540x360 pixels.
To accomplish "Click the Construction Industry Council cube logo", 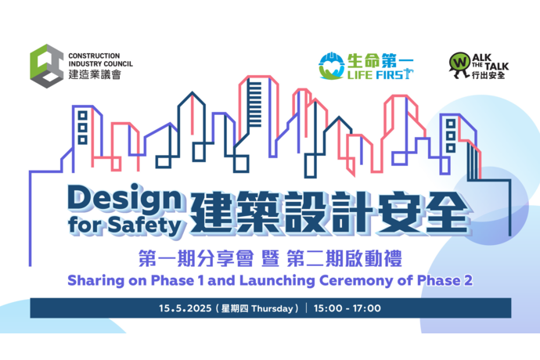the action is point(46,66).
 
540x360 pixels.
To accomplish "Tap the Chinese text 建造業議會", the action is point(95,74).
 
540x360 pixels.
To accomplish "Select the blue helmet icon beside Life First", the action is point(331,66).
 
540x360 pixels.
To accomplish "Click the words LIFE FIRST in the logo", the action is point(380,74).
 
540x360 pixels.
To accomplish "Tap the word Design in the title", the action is point(124,199).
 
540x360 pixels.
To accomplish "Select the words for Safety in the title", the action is point(124,225).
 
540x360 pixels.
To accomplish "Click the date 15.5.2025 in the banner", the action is point(185,308).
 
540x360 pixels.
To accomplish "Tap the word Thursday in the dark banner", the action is point(272,308).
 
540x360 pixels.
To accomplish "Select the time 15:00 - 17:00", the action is point(347,308).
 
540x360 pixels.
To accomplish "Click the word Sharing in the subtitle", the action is point(95,281).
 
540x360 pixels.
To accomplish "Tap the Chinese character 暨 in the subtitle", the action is point(270,259).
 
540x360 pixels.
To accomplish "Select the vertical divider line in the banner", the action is point(307,308).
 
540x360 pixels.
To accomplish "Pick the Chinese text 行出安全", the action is point(488,75).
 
